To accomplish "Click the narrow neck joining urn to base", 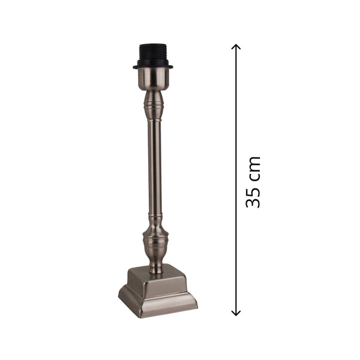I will [155, 264].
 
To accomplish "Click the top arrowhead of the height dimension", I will [236, 47].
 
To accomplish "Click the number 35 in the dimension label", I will [253, 197].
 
